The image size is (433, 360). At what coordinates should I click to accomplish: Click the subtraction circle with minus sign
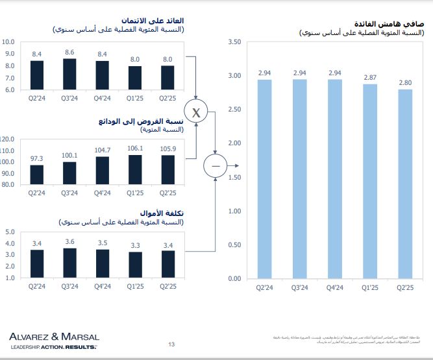(x=216, y=166)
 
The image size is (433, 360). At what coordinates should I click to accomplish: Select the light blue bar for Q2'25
(x=405, y=184)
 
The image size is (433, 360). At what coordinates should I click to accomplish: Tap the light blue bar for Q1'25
(x=370, y=182)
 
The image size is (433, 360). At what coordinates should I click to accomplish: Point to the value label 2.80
(x=405, y=82)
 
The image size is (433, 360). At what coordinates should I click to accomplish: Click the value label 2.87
(x=370, y=78)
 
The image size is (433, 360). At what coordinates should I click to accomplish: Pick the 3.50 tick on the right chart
(x=235, y=42)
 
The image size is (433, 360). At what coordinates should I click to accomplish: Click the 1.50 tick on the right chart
(x=235, y=177)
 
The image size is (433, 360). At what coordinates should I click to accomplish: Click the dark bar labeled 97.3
(x=37, y=174)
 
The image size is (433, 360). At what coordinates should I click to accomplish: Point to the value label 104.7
(x=103, y=150)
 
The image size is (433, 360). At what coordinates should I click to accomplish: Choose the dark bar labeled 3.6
(x=70, y=263)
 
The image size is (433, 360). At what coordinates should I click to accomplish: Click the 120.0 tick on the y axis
(x=7, y=139)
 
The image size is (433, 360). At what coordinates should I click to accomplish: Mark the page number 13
(x=171, y=344)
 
